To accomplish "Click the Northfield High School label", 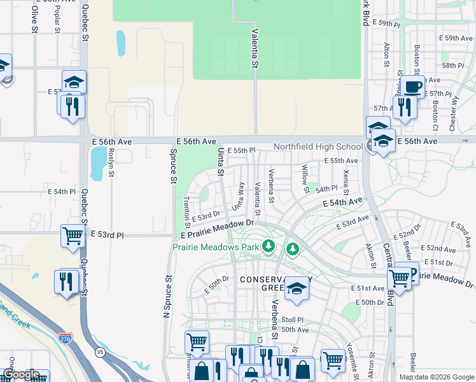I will [318, 146].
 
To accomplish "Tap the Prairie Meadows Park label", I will [216, 246].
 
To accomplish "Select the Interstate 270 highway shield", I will [65, 338].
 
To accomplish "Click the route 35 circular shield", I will [99, 351].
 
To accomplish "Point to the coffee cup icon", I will [412, 86].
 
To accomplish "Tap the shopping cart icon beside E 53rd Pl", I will [73, 236].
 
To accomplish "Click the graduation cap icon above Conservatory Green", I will [296, 288].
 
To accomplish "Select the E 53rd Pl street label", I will [107, 235].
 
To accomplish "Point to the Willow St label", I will [305, 178].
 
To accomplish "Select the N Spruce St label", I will [168, 296].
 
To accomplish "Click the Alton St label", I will [386, 55].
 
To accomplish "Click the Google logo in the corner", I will [21, 374].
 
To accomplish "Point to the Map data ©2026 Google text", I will [437, 377].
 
